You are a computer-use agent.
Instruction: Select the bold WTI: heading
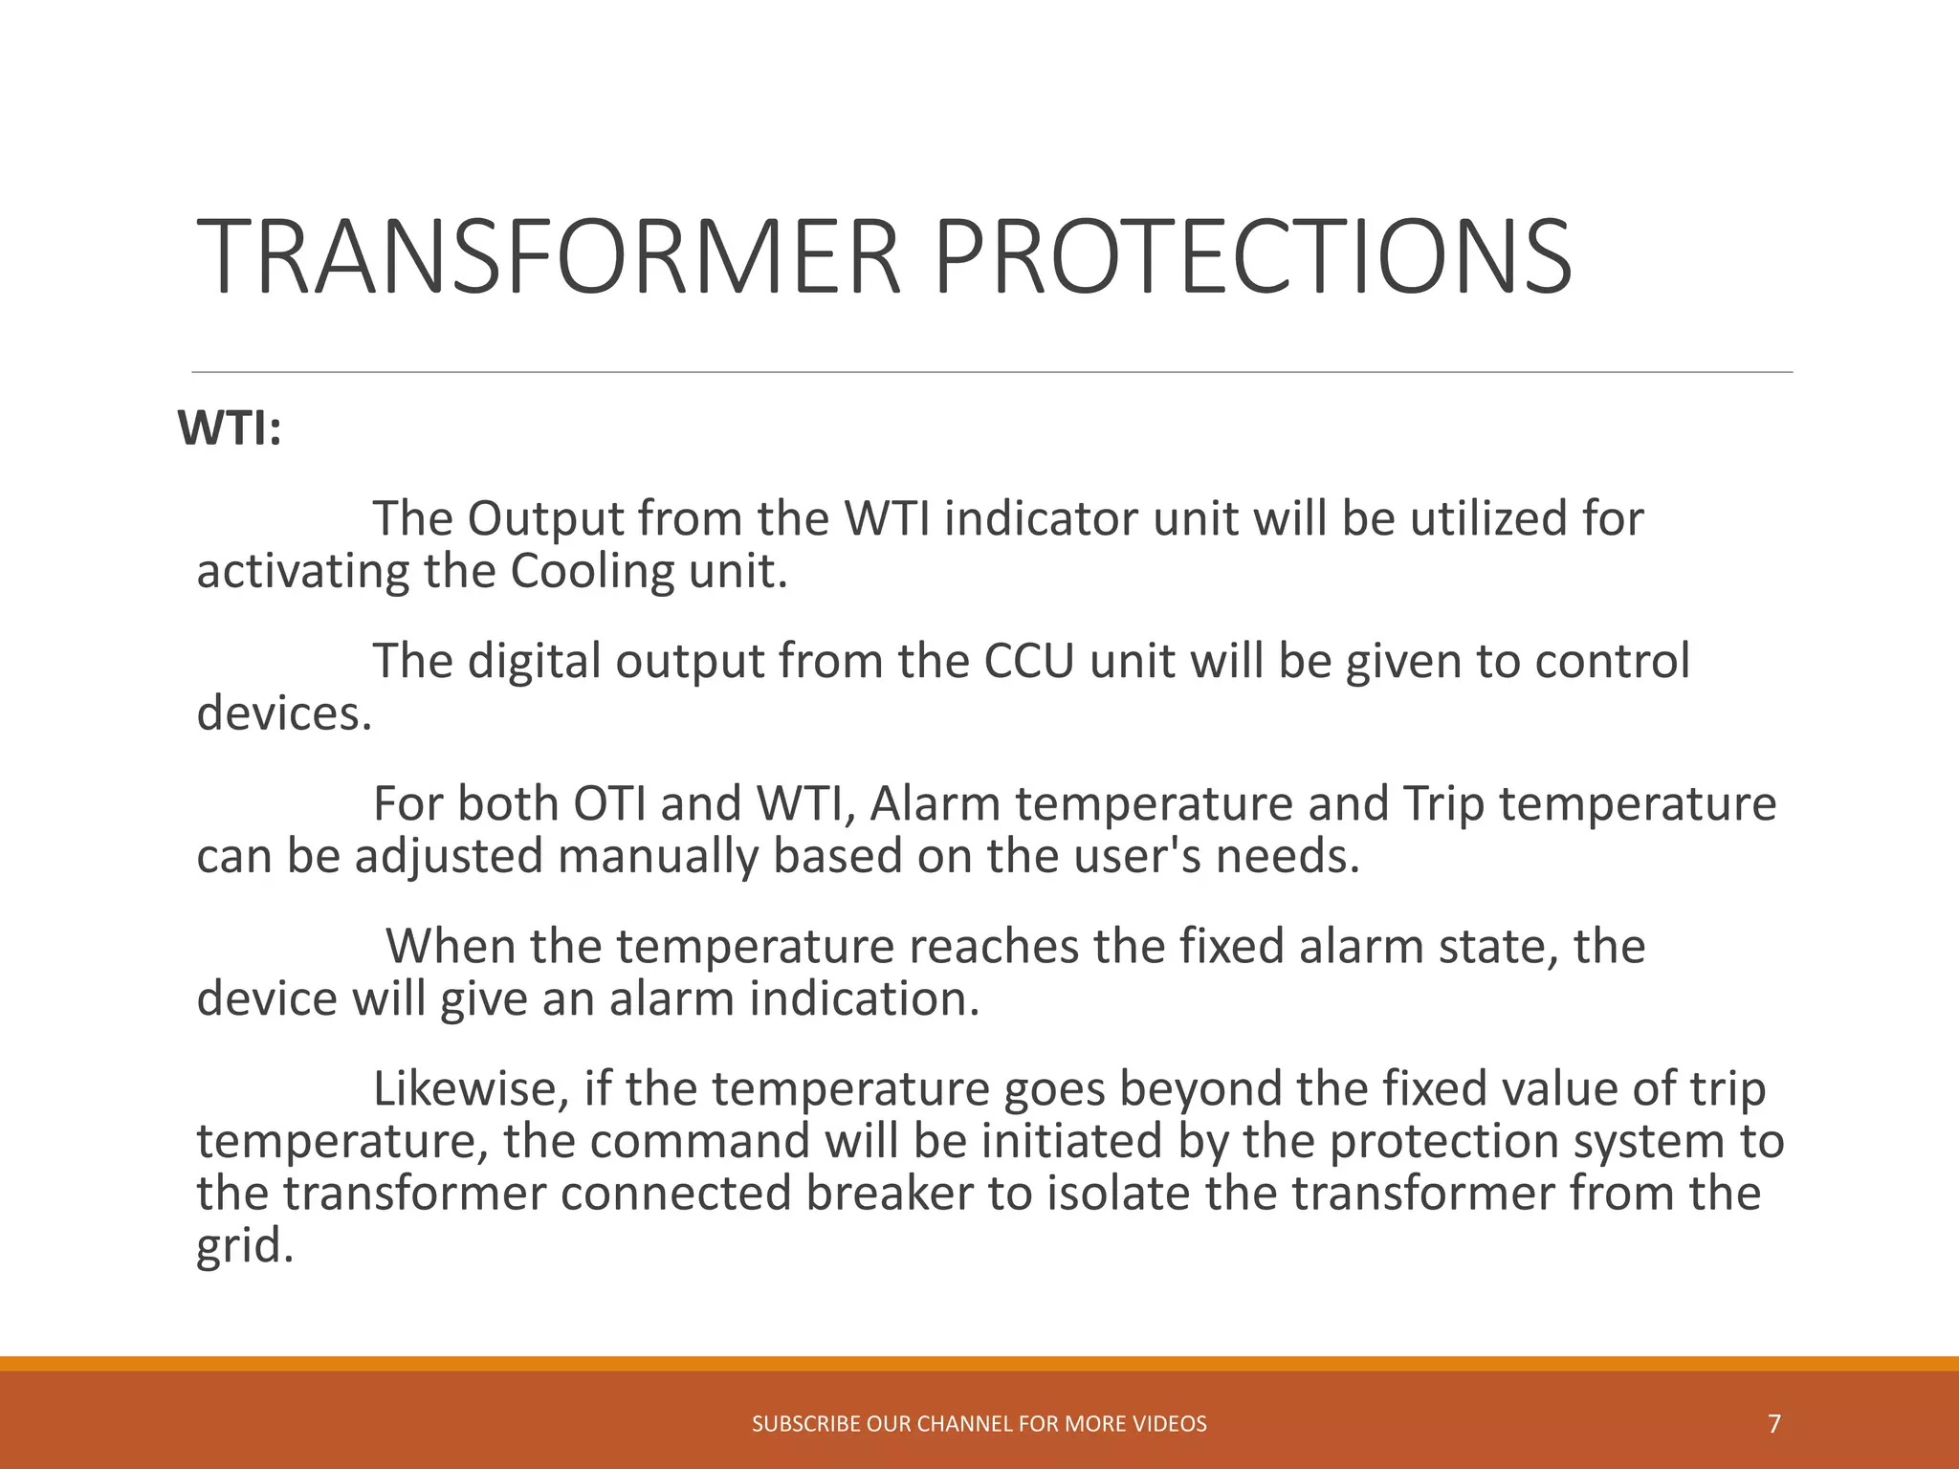[230, 428]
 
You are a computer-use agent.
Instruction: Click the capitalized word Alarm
[935, 803]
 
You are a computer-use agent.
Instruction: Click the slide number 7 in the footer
[1774, 1424]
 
